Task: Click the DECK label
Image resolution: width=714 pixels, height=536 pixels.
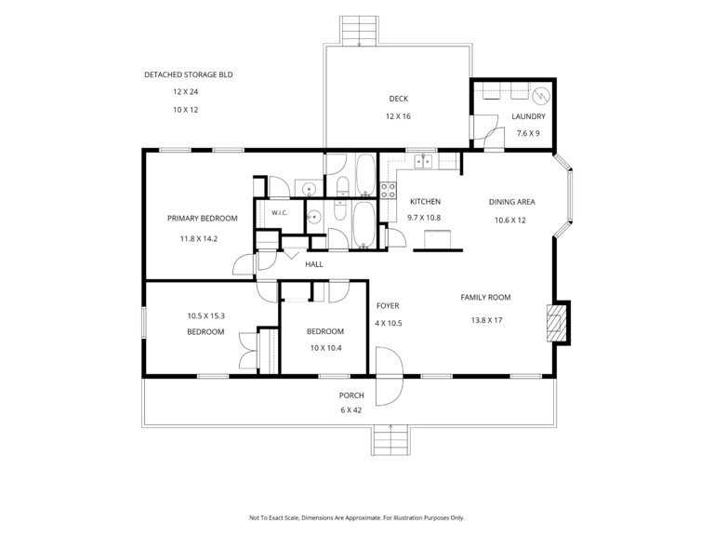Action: (399, 99)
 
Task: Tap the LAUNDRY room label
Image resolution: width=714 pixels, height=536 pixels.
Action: (528, 116)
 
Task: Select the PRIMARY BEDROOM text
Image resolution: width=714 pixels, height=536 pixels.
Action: (202, 219)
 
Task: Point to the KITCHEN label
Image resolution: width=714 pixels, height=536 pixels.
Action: (425, 201)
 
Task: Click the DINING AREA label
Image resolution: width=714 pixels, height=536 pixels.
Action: (512, 202)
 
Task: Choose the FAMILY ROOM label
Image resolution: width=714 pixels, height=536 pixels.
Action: (485, 297)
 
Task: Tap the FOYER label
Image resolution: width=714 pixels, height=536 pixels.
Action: (388, 306)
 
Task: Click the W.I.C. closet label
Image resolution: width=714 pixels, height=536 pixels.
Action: (280, 213)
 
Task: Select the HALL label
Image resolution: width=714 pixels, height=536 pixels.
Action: (313, 264)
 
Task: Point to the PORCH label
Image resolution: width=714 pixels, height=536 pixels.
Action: (351, 395)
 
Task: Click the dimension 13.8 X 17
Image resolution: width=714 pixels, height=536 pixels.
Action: (486, 320)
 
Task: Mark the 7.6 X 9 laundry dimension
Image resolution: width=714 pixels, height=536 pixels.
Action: (528, 133)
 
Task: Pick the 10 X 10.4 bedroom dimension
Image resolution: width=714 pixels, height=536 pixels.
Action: (326, 348)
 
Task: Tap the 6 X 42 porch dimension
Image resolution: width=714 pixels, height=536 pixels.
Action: (351, 410)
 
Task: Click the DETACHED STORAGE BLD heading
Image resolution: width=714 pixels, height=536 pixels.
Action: (189, 74)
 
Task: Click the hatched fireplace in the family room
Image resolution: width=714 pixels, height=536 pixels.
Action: (555, 323)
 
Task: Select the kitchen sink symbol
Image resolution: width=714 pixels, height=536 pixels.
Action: (424, 161)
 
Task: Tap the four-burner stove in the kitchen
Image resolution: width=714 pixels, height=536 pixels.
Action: (388, 190)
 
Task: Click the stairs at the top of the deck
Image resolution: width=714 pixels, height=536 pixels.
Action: (359, 31)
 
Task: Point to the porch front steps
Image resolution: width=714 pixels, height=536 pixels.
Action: (390, 440)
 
